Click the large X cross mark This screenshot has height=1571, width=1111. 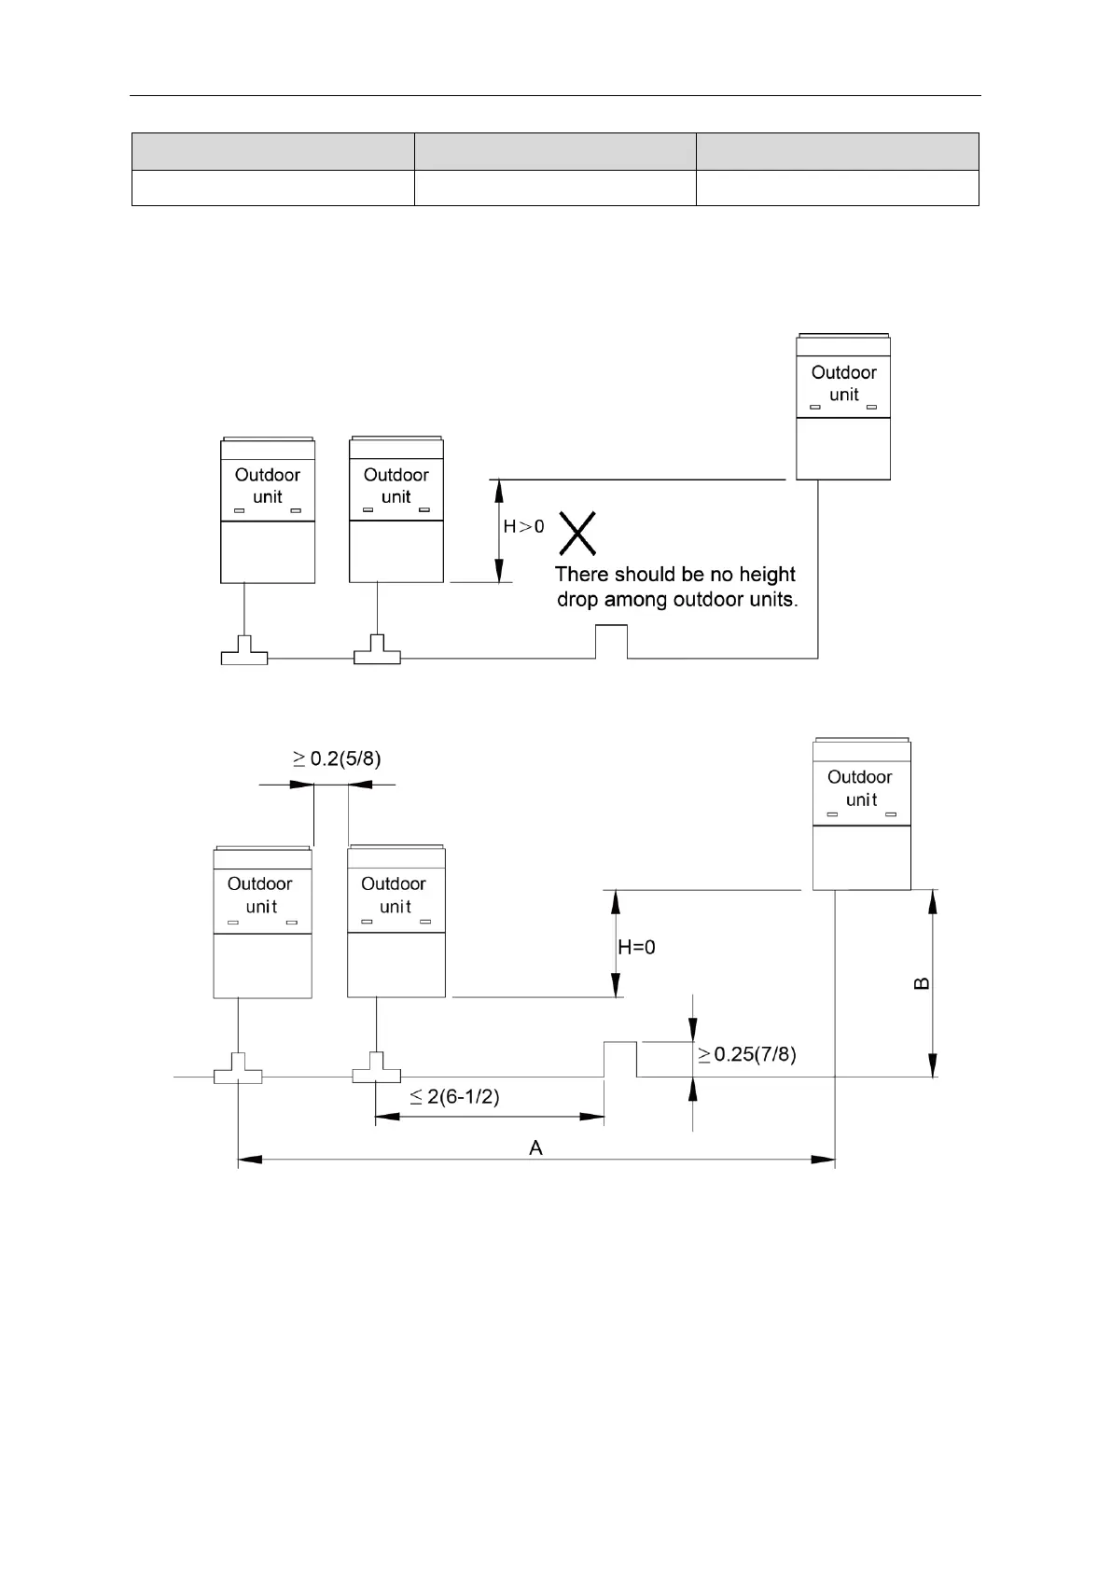pyautogui.click(x=577, y=533)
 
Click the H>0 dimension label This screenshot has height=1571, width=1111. pyautogui.click(x=523, y=527)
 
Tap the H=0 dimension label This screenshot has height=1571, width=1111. pyautogui.click(x=636, y=948)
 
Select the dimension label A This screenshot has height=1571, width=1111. pyautogui.click(x=535, y=1147)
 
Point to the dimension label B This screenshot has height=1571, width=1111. pyautogui.click(x=921, y=983)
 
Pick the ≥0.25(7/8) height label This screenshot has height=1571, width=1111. pyautogui.click(x=746, y=1055)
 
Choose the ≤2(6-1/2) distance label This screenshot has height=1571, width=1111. pyautogui.click(x=454, y=1097)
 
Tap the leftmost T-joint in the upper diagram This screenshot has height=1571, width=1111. pyautogui.click(x=244, y=652)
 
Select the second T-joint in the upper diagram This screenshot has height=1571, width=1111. pyautogui.click(x=377, y=652)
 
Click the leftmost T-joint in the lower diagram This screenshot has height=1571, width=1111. pyautogui.click(x=238, y=1071)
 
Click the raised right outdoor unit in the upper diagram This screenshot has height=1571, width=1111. pyautogui.click(x=843, y=407)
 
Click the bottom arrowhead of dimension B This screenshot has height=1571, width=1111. pyautogui.click(x=933, y=1066)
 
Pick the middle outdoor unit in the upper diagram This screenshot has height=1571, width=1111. pyautogui.click(x=396, y=509)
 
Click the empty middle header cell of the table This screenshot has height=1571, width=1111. pyautogui.click(x=555, y=151)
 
